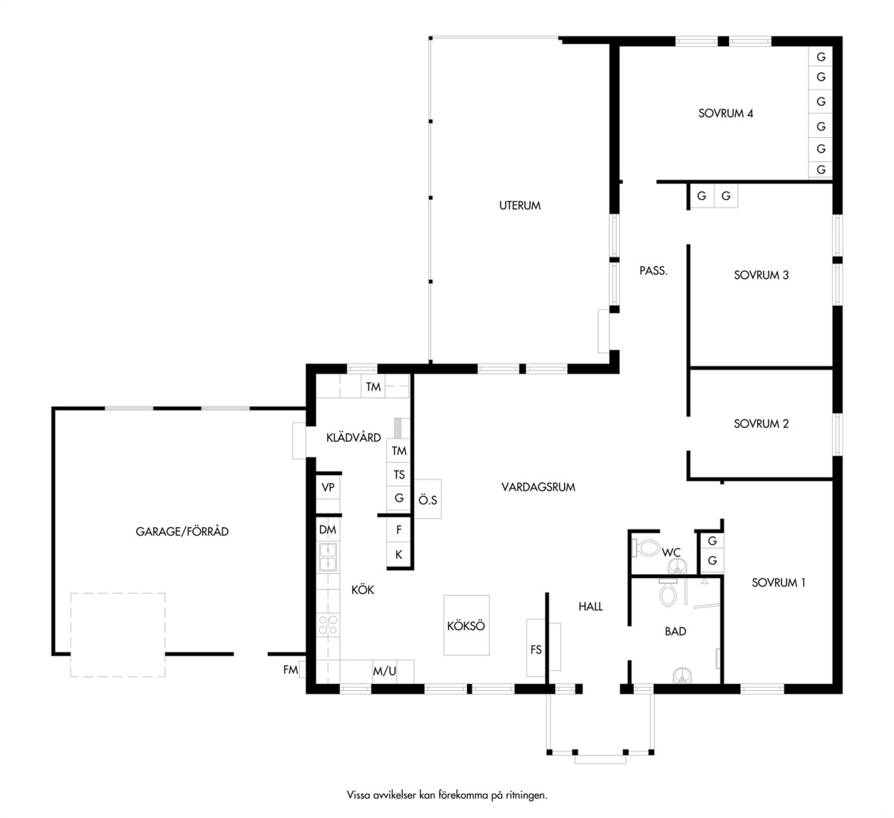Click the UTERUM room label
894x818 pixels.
(519, 205)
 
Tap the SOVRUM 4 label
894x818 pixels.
(725, 114)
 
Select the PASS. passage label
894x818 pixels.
(653, 270)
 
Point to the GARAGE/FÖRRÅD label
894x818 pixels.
(182, 532)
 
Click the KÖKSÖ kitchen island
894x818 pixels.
(466, 625)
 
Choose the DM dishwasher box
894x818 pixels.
(328, 530)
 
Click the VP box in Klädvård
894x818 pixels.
(328, 488)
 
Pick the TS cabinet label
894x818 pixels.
(398, 475)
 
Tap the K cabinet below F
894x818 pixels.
(398, 554)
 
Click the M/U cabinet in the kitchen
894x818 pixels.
(385, 671)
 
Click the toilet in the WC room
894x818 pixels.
(646, 548)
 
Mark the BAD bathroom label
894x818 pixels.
(675, 632)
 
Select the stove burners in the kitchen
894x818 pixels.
(328, 624)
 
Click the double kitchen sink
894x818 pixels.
(328, 557)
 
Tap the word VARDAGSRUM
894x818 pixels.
(538, 487)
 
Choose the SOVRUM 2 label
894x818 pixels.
(762, 424)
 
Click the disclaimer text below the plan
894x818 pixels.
(447, 795)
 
